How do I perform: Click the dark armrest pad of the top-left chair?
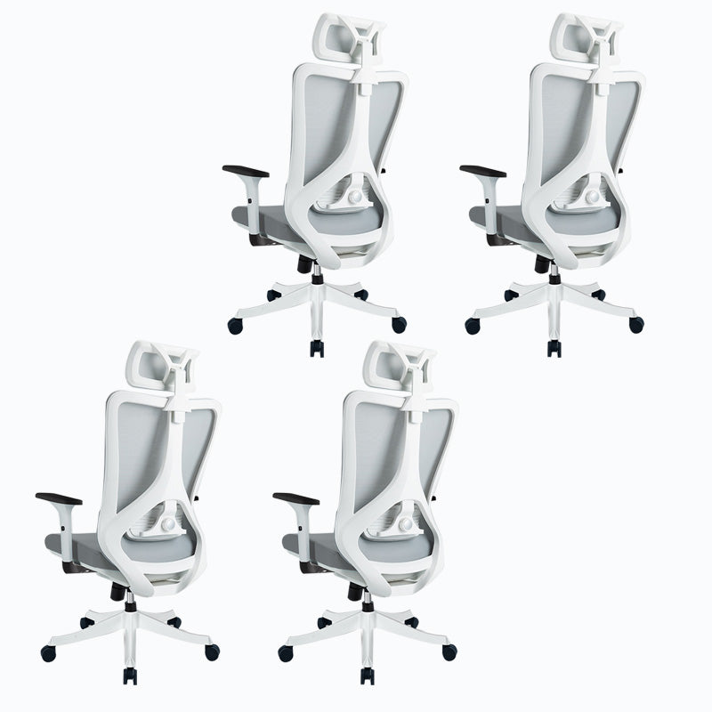246,170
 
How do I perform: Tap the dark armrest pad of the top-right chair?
482,170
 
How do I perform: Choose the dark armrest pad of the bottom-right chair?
295,498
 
